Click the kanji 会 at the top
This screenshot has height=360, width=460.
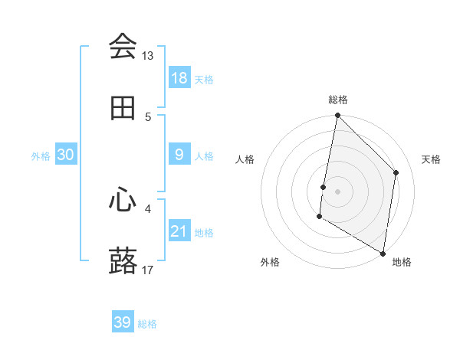coord(123,47)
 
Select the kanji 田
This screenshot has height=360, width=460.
coord(123,109)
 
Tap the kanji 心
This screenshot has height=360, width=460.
coord(123,200)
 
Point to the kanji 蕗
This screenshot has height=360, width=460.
coord(123,261)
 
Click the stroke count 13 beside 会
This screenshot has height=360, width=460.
coord(148,56)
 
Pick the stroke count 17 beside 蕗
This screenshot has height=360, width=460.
coord(148,270)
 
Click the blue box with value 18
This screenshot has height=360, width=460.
coord(179,78)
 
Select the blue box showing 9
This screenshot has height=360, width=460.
coord(179,155)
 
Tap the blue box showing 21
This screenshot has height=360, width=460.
coord(179,231)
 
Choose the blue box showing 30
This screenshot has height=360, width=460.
coord(66,155)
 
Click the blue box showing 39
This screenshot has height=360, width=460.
coord(123,322)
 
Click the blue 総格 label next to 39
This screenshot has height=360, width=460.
coord(148,324)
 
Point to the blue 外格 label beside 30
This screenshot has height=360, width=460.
coord(41,156)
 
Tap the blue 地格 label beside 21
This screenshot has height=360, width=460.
coord(204,233)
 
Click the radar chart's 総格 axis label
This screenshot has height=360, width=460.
coord(338,100)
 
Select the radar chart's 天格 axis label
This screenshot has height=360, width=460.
coord(432,159)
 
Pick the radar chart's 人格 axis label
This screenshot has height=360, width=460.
coord(245,159)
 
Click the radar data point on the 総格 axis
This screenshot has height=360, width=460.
coord(337,116)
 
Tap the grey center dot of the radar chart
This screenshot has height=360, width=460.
coord(337,191)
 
